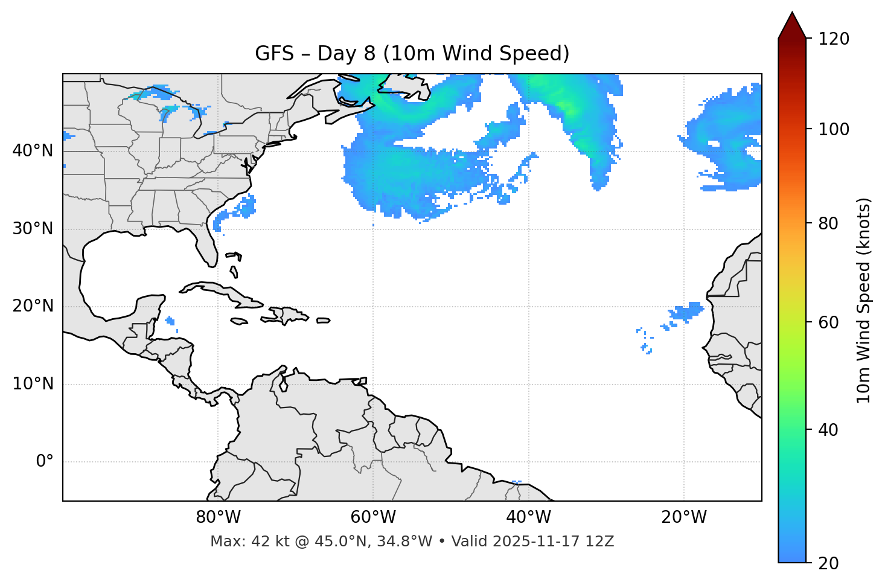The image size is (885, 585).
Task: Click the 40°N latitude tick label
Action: click(x=33, y=151)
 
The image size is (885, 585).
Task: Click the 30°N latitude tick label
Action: click(x=33, y=229)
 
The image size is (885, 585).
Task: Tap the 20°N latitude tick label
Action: click(x=33, y=306)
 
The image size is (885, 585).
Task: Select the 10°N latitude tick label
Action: click(x=33, y=384)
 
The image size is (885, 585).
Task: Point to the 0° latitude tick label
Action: click(x=45, y=462)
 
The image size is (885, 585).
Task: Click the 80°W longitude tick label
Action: click(x=218, y=517)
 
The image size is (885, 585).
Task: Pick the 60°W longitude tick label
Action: click(x=373, y=517)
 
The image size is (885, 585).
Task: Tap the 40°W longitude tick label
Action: click(x=528, y=517)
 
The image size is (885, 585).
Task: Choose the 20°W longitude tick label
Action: click(x=683, y=517)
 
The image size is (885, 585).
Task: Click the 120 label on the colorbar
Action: click(x=834, y=39)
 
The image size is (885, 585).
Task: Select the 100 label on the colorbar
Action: click(x=834, y=129)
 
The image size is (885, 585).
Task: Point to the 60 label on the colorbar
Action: click(x=829, y=322)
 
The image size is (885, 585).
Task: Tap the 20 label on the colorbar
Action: click(x=829, y=563)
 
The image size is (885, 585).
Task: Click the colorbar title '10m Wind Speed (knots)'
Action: click(x=864, y=300)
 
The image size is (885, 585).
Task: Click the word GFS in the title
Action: click(x=274, y=54)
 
